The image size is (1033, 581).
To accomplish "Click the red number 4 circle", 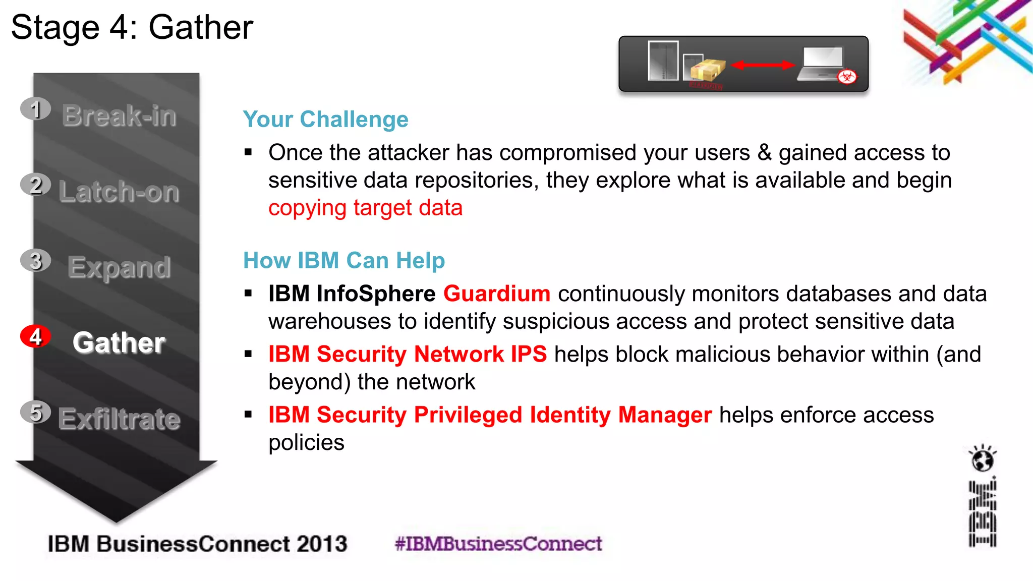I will tap(35, 336).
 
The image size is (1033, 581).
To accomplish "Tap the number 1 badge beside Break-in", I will tap(35, 109).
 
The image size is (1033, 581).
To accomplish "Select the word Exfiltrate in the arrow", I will tap(119, 419).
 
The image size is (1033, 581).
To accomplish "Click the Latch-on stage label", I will tap(119, 192).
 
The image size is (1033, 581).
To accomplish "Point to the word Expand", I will tap(119, 267).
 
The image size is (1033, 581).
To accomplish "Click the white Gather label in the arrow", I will tap(119, 343).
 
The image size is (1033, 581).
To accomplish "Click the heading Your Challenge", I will tap(325, 120).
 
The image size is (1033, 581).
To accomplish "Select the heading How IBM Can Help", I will tap(344, 261).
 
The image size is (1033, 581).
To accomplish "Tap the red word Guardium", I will tap(496, 294).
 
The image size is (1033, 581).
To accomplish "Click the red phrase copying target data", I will tap(365, 208).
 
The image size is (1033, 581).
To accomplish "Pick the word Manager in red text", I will tap(665, 415).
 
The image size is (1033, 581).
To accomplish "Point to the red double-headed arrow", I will tap(763, 65).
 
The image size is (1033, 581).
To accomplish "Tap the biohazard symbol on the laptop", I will tap(847, 77).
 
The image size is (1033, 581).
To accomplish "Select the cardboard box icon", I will tap(708, 70).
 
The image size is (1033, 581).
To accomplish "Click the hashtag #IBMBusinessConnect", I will tap(498, 544).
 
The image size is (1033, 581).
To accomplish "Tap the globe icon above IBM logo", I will tap(982, 459).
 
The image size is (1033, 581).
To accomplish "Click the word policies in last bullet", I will tap(306, 442).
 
